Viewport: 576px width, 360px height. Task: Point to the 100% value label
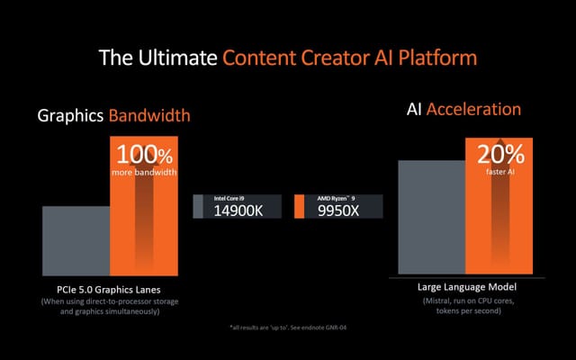click(x=144, y=154)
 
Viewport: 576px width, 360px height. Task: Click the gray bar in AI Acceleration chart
click(x=430, y=216)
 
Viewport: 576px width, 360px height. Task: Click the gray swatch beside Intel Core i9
click(x=199, y=206)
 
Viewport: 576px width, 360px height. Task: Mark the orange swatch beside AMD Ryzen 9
click(x=299, y=206)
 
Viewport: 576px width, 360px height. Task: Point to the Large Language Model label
click(x=466, y=286)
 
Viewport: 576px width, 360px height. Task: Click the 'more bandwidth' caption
click(x=144, y=171)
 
